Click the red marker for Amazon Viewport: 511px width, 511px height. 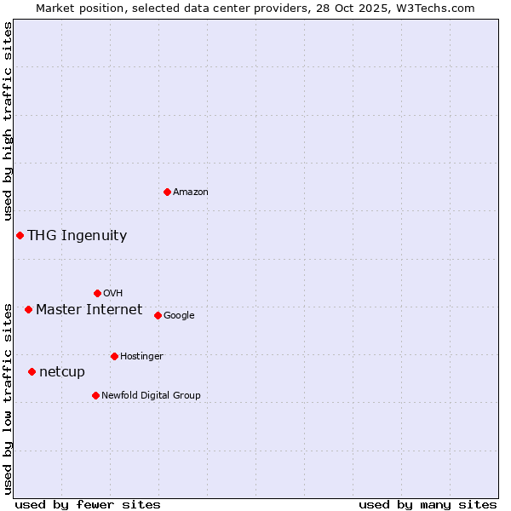pos(167,192)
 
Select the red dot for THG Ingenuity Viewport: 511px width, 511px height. pos(20,235)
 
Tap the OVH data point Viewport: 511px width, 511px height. pos(97,293)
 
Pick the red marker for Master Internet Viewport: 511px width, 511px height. pos(28,309)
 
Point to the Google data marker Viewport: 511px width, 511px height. pos(158,315)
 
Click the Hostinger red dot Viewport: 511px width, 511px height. pos(114,356)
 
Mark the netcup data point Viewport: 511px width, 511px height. pos(32,371)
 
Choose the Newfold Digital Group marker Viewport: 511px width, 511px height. pos(95,395)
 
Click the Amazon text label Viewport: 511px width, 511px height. pos(191,192)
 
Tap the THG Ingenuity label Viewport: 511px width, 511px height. pos(77,236)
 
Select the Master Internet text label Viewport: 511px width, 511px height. pos(89,310)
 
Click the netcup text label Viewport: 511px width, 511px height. pos(62,372)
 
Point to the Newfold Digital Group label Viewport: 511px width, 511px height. pos(151,395)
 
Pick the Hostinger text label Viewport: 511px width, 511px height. pos(141,356)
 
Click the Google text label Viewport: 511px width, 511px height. pos(179,316)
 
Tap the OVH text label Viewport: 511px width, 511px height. pos(112,294)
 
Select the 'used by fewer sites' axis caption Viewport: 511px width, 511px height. pos(88,504)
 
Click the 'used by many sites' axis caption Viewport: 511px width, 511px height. pos(428,504)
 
